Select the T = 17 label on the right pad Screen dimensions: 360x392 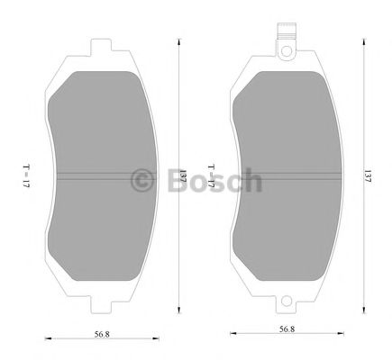(209, 173)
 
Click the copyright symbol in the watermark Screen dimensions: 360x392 (141, 180)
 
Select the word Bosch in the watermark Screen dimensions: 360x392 (212, 180)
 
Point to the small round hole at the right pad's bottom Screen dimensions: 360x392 (287, 302)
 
